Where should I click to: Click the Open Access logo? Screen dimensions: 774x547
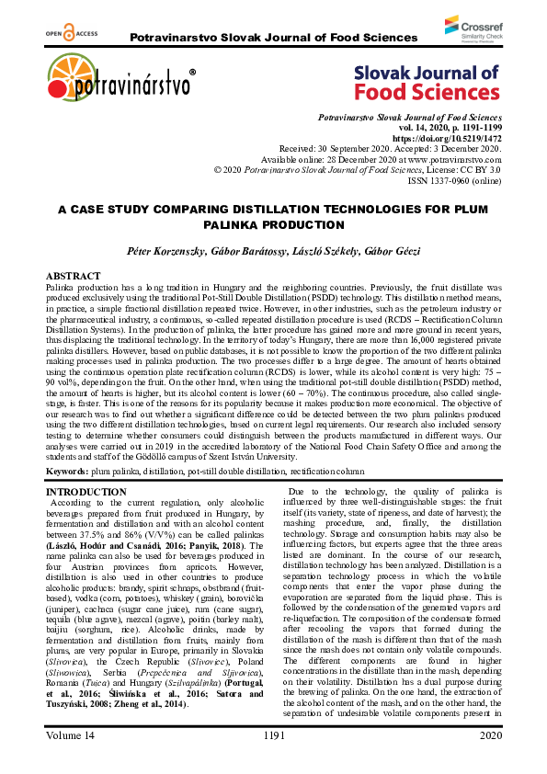(x=63, y=33)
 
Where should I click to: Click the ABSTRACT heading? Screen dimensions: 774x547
(x=74, y=276)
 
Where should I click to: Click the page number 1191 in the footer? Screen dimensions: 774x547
(x=273, y=761)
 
